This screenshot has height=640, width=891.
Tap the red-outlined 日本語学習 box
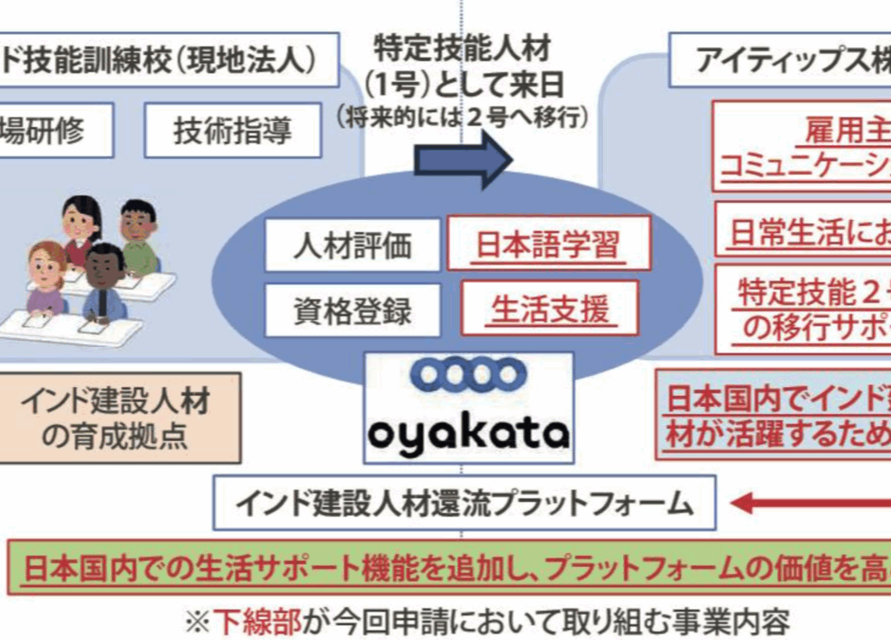548,243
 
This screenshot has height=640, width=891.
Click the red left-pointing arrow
809,502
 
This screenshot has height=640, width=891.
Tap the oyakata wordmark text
468,432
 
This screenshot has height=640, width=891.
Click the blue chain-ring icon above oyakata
468,375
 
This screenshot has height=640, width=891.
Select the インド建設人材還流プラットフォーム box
465,503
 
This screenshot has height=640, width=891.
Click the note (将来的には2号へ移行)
462,117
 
